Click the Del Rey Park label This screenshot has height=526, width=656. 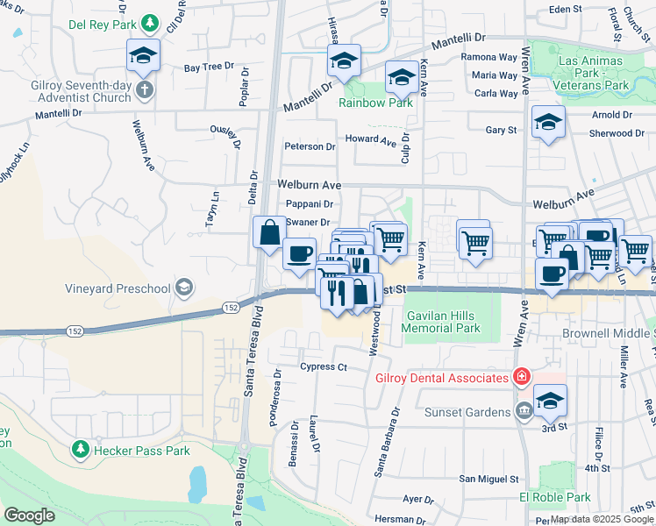point(104,22)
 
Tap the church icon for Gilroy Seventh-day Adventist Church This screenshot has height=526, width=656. point(146,89)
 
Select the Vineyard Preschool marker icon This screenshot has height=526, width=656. point(184,287)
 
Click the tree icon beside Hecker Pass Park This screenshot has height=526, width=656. point(80,450)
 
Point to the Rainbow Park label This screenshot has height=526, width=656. point(375,103)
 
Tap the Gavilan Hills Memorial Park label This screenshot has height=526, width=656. point(441,322)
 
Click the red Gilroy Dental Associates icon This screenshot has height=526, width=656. point(521,377)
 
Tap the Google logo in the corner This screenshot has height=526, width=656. point(29,515)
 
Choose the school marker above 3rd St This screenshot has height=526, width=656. point(549,400)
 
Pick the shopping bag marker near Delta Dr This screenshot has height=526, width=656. point(269,232)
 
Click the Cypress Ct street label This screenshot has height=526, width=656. point(324,366)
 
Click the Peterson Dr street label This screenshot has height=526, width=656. point(309,146)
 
